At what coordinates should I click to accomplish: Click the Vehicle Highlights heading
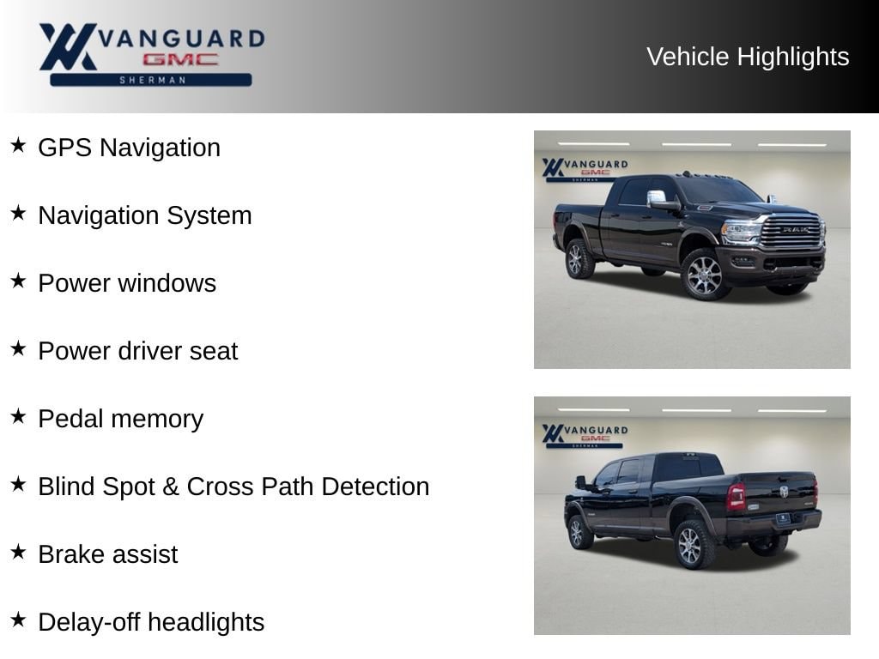click(x=748, y=57)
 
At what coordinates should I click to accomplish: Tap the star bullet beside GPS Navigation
click(x=18, y=145)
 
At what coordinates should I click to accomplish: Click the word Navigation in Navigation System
click(x=98, y=215)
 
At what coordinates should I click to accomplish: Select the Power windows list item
click(x=127, y=283)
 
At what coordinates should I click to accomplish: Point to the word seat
click(x=214, y=351)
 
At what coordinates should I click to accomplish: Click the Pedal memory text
click(x=120, y=419)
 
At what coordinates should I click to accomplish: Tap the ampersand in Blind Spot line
click(x=171, y=487)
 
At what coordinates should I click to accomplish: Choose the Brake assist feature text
click(x=107, y=555)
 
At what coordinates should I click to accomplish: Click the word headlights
click(x=206, y=623)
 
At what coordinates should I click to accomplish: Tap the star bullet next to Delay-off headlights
click(x=18, y=620)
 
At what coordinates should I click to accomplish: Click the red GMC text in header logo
click(x=180, y=59)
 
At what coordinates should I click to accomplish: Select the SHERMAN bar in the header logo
click(x=151, y=80)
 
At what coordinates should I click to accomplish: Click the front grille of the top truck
click(x=791, y=230)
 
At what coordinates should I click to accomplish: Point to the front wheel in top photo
click(x=704, y=275)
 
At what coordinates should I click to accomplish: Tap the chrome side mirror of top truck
click(x=657, y=198)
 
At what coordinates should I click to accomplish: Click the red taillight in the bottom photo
click(x=736, y=497)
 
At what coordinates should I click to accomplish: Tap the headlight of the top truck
click(x=741, y=232)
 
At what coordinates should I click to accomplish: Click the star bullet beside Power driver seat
click(x=18, y=348)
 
